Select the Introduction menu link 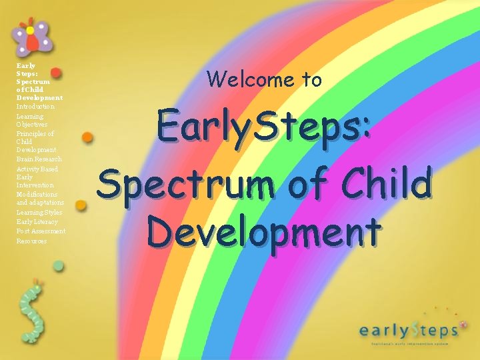35,107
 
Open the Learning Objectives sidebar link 32,120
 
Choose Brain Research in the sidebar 39,159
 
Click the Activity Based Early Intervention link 36,177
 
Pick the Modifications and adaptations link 40,198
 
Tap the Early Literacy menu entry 37,221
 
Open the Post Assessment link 41,231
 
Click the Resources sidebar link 31,241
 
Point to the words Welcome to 264,80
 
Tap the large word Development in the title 264,232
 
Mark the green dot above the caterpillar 59,266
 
